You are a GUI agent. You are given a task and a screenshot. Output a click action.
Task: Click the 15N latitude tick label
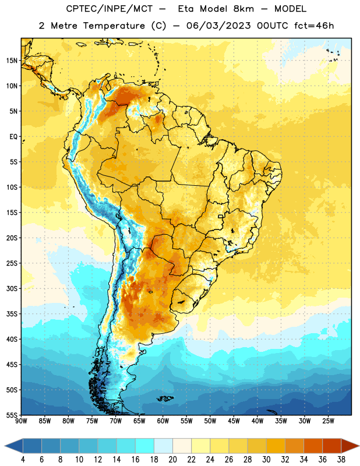pos(12,61)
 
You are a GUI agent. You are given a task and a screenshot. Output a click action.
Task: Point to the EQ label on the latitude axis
pos(13,137)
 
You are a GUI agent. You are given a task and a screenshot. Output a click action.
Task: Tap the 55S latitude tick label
pos(12,415)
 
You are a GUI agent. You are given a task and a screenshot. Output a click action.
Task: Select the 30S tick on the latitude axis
pos(12,288)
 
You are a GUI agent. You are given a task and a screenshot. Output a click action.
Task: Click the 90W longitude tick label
pos(21,421)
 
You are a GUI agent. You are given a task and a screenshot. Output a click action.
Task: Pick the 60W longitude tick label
pos(163,421)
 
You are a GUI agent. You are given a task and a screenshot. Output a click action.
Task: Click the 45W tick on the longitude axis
pos(234,421)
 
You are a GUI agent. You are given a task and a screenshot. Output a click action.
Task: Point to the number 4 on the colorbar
pos(23,460)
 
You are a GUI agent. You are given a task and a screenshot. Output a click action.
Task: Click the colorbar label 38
pos(341,460)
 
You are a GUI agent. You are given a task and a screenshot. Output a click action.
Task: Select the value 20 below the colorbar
pos(172,460)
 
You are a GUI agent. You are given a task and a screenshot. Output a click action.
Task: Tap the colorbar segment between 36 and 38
pos(332,446)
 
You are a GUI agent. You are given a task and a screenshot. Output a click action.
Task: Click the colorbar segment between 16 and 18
pos(144,446)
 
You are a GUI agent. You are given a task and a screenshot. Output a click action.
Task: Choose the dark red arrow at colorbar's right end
pos(350,446)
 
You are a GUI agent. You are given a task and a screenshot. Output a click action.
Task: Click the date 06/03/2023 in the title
pos(218,26)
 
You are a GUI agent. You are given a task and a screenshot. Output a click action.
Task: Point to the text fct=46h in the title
pos(314,26)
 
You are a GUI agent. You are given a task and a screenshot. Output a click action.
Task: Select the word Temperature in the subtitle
pos(114,26)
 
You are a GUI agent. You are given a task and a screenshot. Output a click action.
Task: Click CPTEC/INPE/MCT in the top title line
pos(110,9)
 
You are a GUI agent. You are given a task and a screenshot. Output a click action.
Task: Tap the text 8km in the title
pos(243,9)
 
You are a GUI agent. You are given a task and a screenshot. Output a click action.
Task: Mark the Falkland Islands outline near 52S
pos(165,398)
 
